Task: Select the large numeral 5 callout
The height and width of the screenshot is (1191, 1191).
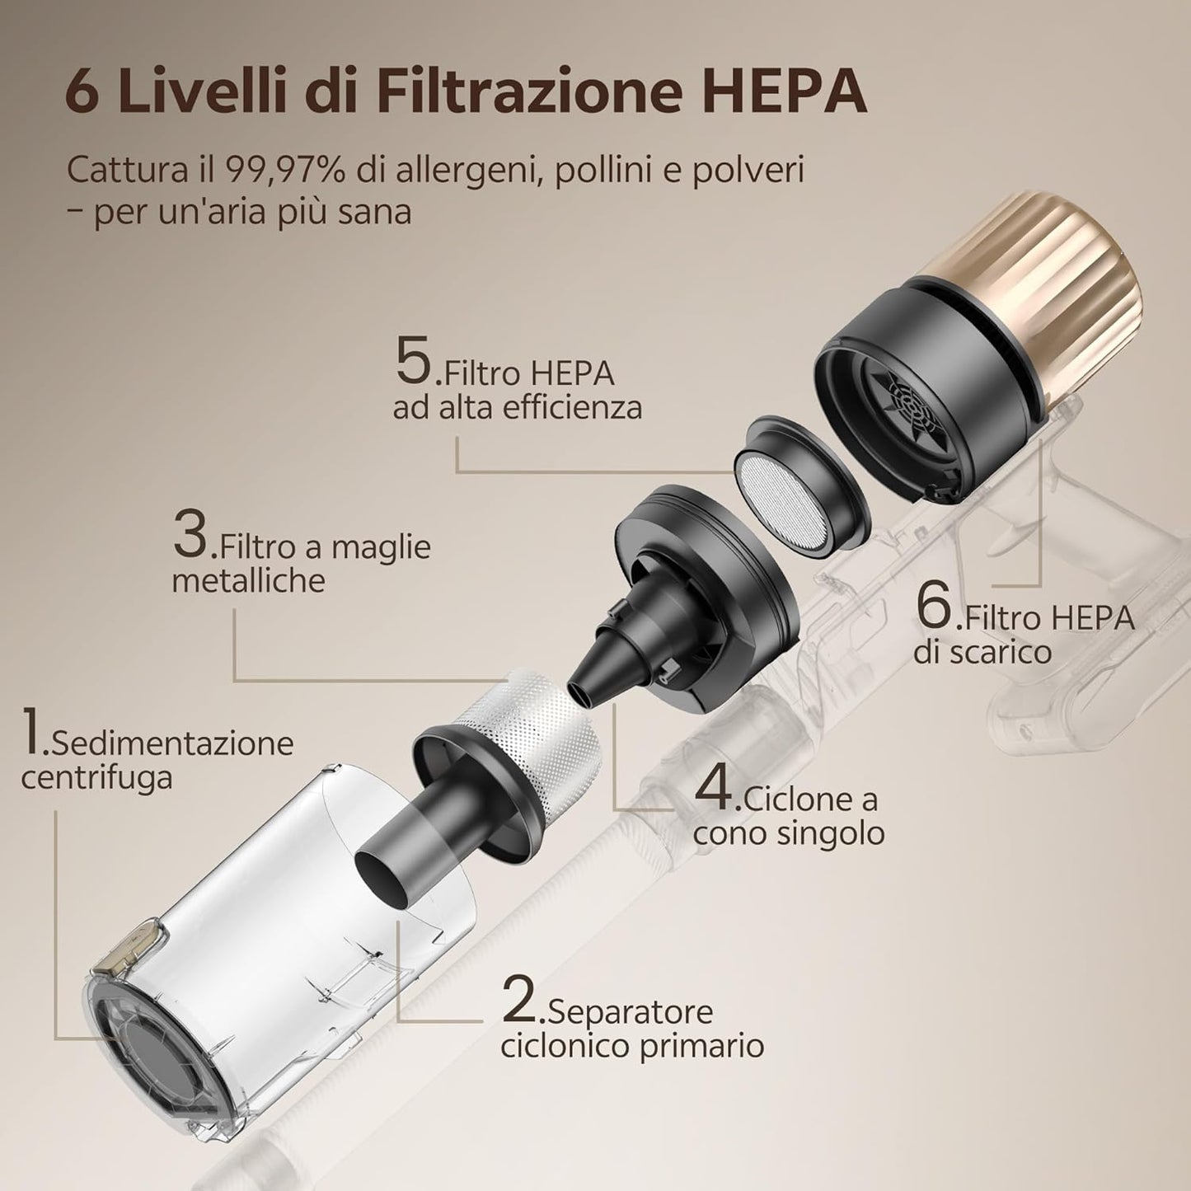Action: coord(414,363)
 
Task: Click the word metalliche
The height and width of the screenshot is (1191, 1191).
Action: coord(248,581)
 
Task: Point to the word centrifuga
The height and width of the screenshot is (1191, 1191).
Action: coord(96,777)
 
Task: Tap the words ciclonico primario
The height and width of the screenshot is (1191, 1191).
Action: coord(632,1046)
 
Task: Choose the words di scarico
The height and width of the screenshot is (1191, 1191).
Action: coord(982,653)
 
